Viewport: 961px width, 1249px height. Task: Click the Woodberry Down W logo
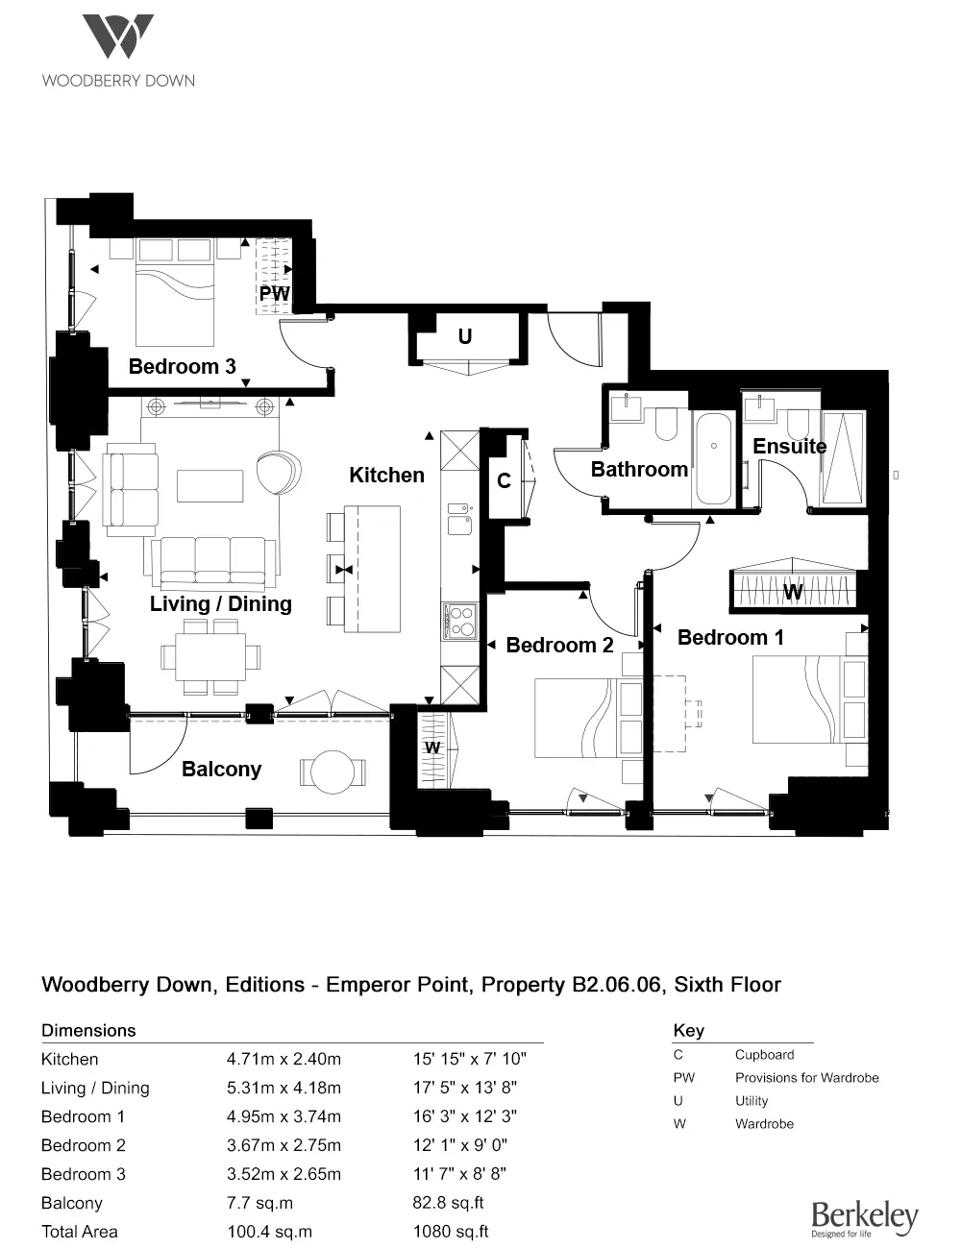point(117,37)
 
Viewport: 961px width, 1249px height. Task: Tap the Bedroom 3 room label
point(182,366)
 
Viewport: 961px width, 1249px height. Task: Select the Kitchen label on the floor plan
point(386,475)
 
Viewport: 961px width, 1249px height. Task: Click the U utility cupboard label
point(465,336)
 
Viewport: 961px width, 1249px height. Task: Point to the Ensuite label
point(789,446)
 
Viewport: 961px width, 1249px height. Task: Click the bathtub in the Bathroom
point(713,459)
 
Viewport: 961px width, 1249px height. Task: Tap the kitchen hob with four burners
point(459,620)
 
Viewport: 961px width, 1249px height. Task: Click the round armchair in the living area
point(279,472)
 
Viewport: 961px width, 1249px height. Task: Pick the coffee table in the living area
point(210,485)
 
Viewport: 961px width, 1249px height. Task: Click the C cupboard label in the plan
point(504,480)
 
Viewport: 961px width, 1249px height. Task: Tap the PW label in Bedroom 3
point(274,293)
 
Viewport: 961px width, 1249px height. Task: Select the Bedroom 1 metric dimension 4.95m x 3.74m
point(283,1116)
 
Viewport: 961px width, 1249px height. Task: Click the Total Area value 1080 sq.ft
point(451,1232)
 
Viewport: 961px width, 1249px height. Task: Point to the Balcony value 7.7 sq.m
point(259,1203)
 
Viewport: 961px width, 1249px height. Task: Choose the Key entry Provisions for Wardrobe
point(806,1078)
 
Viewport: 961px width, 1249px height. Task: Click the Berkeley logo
point(864,1218)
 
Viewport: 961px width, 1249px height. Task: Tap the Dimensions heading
point(88,1030)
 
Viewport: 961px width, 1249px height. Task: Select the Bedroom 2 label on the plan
point(559,645)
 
